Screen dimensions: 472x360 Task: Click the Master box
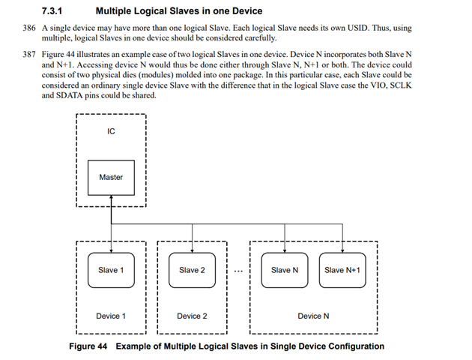(111, 178)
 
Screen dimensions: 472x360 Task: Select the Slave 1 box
(111, 270)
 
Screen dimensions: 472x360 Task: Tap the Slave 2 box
(192, 270)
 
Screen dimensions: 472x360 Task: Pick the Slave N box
(285, 270)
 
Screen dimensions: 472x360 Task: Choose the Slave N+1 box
(342, 270)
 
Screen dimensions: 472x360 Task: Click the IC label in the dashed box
(111, 131)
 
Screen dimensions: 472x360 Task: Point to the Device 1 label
(111, 316)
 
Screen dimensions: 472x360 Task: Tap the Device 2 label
(192, 316)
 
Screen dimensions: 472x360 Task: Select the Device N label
(313, 316)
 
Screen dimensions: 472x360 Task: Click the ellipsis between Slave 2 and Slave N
(238, 271)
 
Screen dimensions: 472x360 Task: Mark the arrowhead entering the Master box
(111, 197)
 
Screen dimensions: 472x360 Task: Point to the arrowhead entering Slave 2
(192, 250)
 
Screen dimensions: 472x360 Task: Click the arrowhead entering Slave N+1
(342, 250)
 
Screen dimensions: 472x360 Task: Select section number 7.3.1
(52, 11)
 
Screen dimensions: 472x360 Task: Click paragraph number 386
(29, 28)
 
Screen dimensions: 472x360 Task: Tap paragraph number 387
(29, 55)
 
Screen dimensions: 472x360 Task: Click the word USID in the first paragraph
(358, 28)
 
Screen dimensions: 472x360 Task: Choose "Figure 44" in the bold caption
(88, 346)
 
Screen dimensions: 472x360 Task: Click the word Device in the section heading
(247, 11)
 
